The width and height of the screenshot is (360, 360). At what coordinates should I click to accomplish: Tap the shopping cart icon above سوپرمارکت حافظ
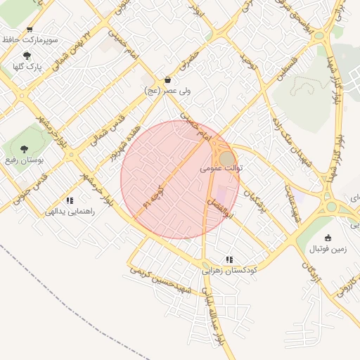(29, 29)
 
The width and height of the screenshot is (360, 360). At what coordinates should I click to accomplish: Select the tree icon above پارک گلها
(27, 56)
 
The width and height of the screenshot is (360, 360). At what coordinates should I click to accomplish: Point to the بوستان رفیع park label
(25, 160)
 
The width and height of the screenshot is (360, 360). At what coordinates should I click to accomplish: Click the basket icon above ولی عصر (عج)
(167, 79)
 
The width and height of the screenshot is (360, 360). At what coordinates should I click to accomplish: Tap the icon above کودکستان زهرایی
(230, 259)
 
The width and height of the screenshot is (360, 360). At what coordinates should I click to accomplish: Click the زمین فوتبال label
(329, 250)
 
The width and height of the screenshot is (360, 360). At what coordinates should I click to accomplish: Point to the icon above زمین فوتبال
(328, 238)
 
